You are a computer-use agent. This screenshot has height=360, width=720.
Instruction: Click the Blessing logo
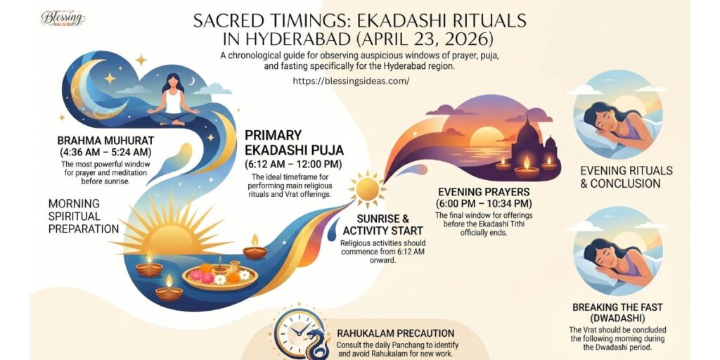[x=63, y=18]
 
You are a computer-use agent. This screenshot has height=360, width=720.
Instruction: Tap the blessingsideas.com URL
[x=351, y=81]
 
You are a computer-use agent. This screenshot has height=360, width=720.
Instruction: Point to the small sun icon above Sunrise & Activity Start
[x=367, y=188]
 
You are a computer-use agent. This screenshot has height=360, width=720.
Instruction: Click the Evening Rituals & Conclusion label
[x=626, y=176]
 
